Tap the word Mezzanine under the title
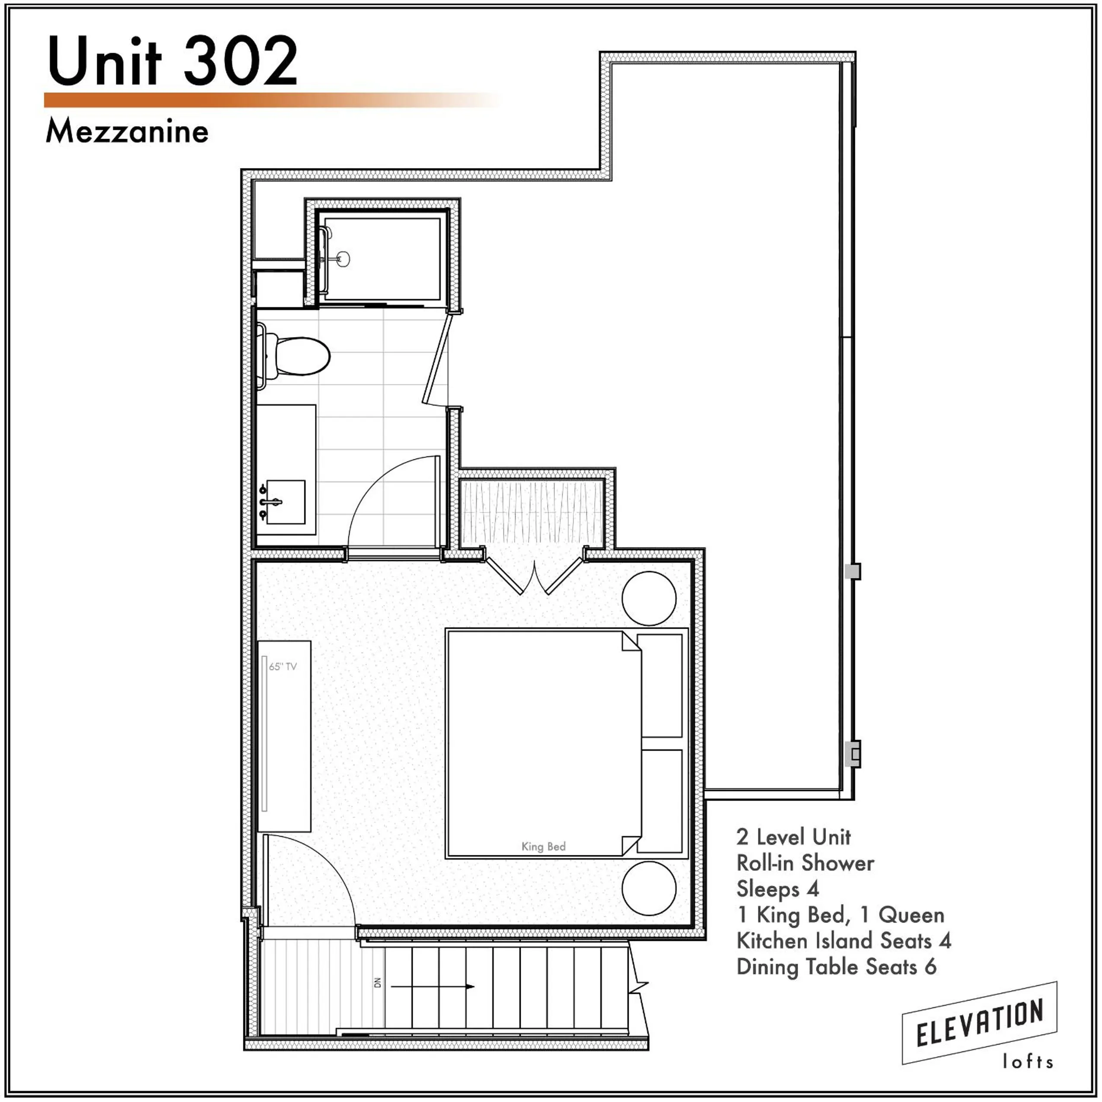127,132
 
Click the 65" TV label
283,666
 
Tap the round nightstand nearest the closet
649,599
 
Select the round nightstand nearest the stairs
649,888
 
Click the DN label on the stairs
377,982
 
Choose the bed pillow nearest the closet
662,685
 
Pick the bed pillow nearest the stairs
662,801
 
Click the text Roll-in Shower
805,863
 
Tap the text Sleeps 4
777,889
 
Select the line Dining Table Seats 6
836,966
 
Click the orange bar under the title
268,100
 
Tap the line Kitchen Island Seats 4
844,940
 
